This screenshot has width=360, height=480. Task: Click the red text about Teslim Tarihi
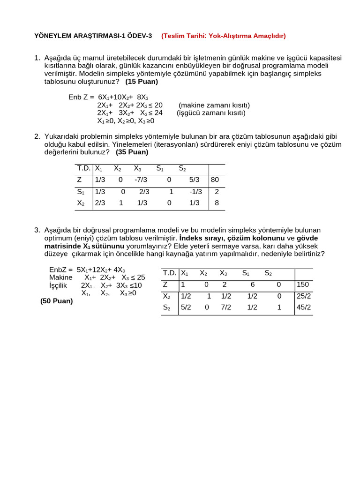point(224,36)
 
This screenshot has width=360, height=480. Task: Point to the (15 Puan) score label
point(142,82)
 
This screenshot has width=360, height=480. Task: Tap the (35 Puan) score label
point(132,152)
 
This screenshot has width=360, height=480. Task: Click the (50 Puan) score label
point(57,301)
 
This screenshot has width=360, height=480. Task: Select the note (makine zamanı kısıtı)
point(214,105)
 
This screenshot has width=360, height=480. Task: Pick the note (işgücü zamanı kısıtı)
point(211,113)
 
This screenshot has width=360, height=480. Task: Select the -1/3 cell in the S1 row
point(195,191)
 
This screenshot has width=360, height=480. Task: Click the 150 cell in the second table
point(303,285)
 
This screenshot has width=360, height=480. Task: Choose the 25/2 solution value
point(304,296)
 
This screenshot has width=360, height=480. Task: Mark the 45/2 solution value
point(304,307)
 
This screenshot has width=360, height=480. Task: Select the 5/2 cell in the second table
point(186,307)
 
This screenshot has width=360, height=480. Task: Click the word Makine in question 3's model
point(61,277)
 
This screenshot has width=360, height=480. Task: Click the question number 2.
point(37,136)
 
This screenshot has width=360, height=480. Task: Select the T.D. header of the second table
point(170,273)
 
